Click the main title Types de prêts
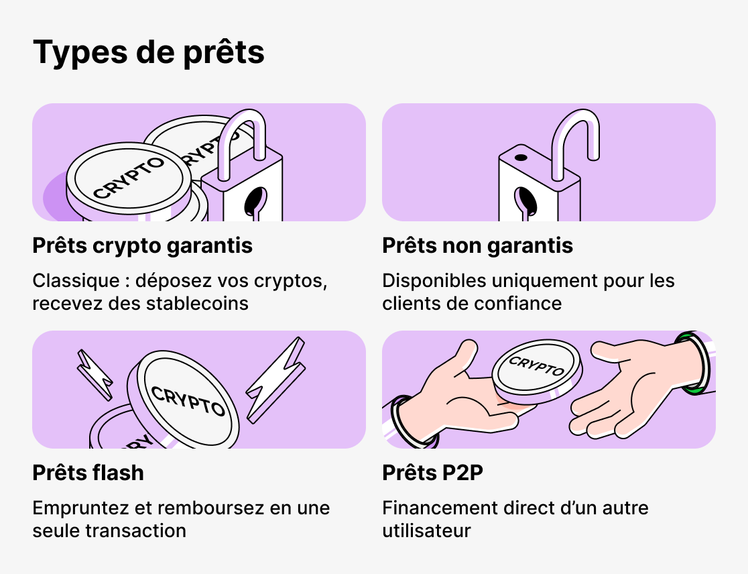[148, 52]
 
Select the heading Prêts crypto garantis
[142, 246]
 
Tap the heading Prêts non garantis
[477, 246]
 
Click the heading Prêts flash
[88, 473]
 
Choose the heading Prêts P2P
[432, 473]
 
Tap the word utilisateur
[426, 530]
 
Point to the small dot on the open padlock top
[520, 159]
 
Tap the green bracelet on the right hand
[694, 362]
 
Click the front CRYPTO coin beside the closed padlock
[129, 178]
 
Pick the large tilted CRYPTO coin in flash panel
[188, 399]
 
